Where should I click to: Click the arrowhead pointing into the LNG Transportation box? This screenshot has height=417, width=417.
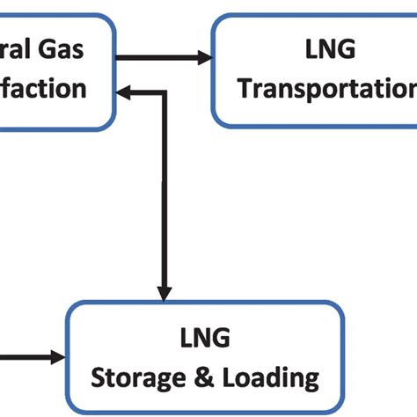pyautogui.click(x=205, y=59)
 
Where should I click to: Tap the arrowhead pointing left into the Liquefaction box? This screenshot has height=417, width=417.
pyautogui.click(x=126, y=89)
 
